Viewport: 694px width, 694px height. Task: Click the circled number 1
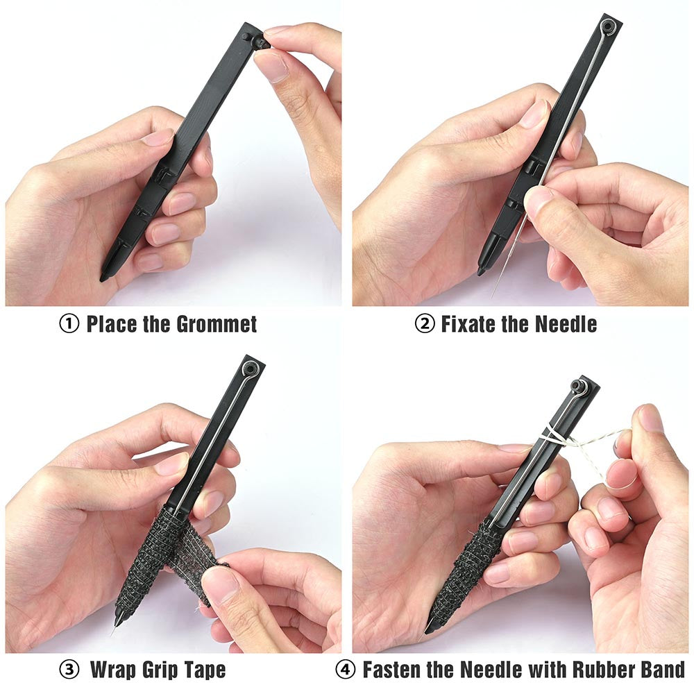(x=69, y=323)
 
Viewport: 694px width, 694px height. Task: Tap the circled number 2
(x=425, y=323)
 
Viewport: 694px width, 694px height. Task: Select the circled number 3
(x=69, y=670)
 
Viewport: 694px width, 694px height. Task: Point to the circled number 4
(x=345, y=670)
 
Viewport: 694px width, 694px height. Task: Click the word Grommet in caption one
(x=217, y=324)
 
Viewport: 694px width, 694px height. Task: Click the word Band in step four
(x=663, y=670)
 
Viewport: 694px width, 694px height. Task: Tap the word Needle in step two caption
(x=566, y=324)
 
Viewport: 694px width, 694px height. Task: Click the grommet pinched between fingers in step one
(x=260, y=42)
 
